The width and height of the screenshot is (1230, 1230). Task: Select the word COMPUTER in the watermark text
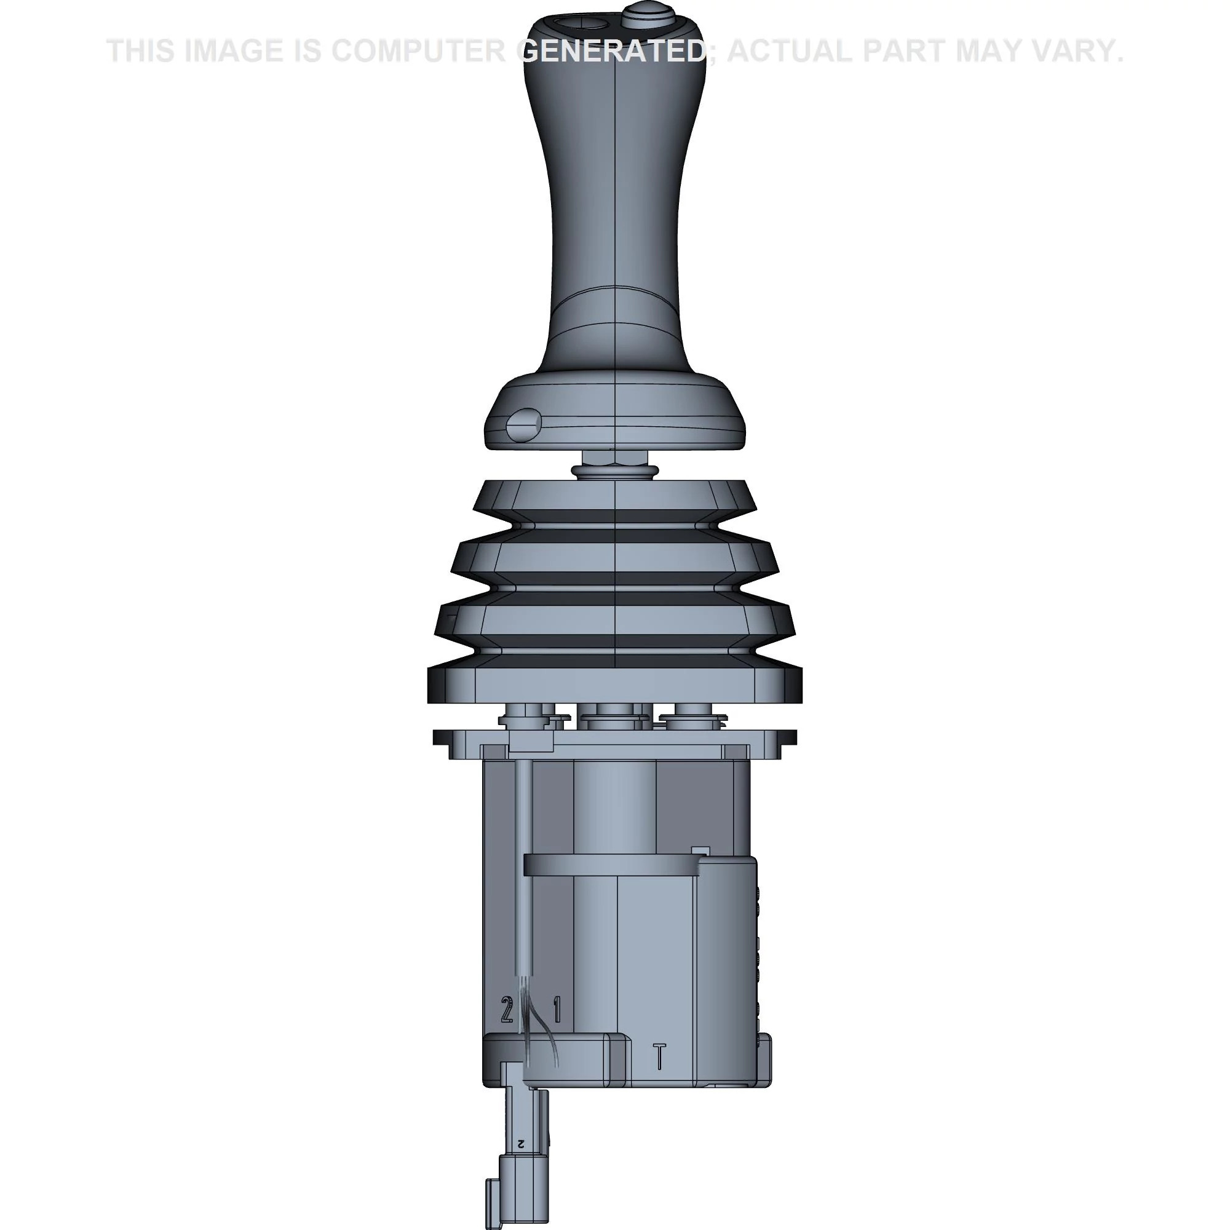point(418,51)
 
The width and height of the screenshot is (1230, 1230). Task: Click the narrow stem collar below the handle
point(614,470)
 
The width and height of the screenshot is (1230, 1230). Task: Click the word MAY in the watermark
point(996,51)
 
